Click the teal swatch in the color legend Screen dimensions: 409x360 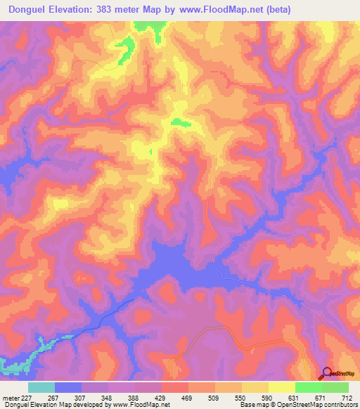(41, 387)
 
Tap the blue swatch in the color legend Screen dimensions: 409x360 (68, 387)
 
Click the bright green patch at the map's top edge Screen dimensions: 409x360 (150, 26)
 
